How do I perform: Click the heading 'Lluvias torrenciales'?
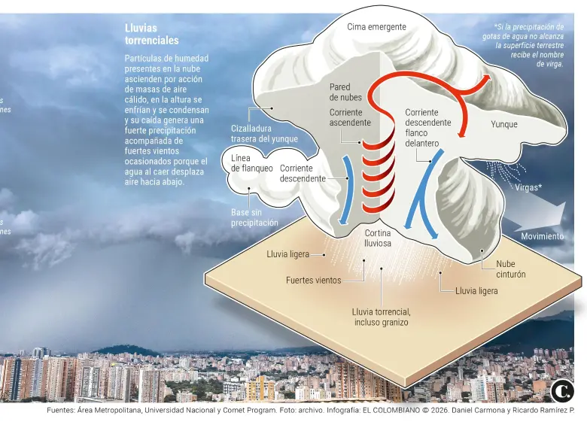coord(151,34)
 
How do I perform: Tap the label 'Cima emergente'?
coord(376,27)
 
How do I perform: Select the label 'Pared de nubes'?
coord(345,92)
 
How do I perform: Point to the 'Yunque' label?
coord(504,124)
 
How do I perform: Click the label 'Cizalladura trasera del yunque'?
coord(264,133)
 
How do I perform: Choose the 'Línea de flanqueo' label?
coord(251,163)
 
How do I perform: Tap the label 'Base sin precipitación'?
coord(254,217)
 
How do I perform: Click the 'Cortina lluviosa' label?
coord(378,238)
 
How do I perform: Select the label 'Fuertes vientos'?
coord(313,281)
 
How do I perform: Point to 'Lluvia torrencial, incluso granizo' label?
coord(381,317)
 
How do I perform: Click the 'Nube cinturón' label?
coord(511,269)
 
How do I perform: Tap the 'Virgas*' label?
coord(528,187)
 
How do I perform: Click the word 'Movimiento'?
coord(543,236)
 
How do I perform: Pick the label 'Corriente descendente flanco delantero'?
coord(428,128)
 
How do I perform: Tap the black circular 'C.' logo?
coord(562,391)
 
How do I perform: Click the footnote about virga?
coord(524,45)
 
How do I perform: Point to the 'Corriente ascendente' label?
coord(350,117)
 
